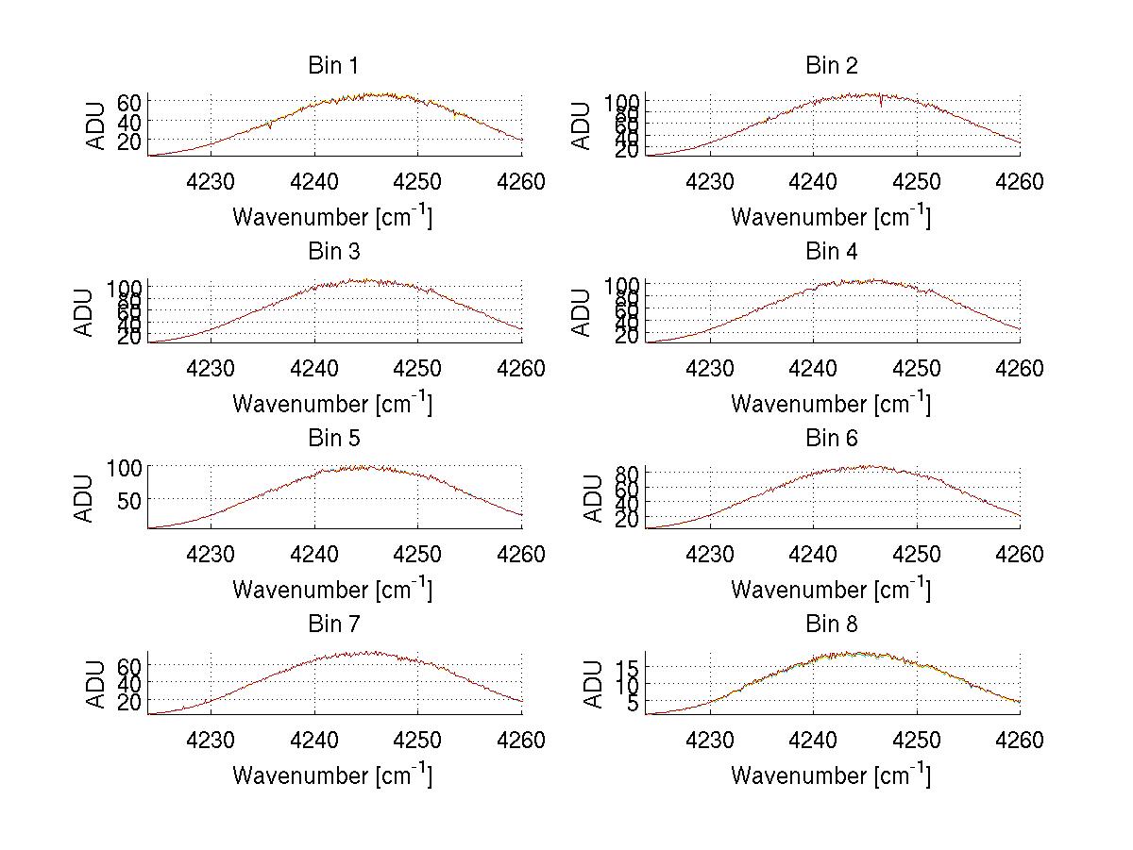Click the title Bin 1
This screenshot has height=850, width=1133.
[332, 66]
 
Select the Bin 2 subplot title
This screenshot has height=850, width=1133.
[831, 66]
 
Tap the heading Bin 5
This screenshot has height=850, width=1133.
[332, 439]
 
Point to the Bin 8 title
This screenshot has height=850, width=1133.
[831, 625]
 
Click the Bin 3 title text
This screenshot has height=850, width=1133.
[332, 252]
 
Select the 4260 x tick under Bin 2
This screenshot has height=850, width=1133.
[1020, 181]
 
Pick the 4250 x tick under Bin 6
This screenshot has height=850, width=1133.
[916, 555]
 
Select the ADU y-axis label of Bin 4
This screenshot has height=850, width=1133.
[583, 311]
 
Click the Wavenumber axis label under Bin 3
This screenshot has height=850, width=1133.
[332, 404]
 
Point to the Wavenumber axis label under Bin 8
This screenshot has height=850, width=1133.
[831, 775]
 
